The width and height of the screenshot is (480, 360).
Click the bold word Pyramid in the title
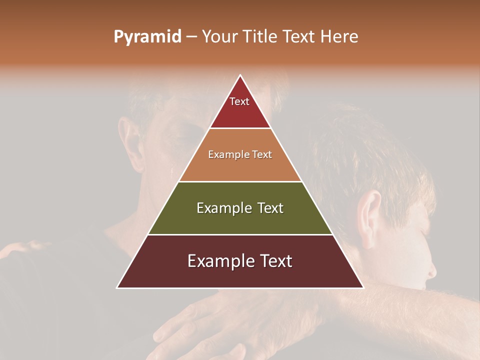(x=147, y=37)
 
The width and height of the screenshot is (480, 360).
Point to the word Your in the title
(x=221, y=37)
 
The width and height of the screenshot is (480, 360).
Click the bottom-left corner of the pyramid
(x=117, y=287)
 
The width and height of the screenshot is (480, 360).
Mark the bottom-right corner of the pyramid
(x=363, y=287)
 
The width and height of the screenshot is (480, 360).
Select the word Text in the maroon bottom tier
(x=274, y=261)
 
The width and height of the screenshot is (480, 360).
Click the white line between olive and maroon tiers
(x=240, y=234)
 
